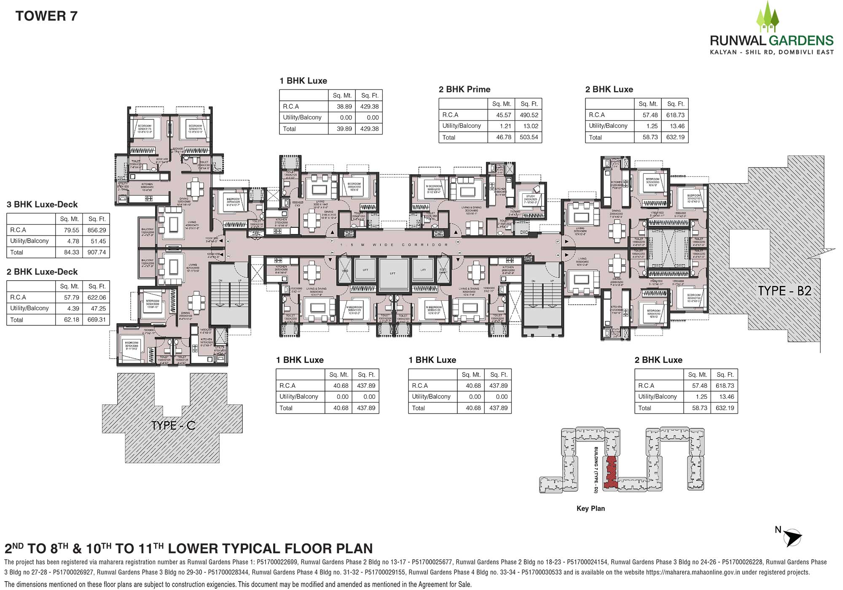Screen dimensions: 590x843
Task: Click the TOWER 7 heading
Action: [46, 16]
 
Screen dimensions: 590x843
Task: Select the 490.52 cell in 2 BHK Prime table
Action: [529, 115]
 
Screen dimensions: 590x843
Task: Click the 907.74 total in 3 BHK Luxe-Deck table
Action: [97, 252]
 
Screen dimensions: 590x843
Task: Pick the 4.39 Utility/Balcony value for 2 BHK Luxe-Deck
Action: [71, 309]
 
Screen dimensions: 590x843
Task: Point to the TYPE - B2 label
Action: [784, 291]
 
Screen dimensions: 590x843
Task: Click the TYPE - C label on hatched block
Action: [173, 425]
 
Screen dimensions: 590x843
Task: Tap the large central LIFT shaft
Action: [392, 273]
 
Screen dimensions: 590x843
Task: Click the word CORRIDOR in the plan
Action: [424, 245]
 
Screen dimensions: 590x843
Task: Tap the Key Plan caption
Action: [590, 509]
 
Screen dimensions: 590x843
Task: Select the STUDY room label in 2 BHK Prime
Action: [530, 196]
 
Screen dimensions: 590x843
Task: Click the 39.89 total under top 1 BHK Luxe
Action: [344, 129]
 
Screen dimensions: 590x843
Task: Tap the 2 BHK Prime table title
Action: [464, 89]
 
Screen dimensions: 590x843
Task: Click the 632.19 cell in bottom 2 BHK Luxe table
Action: [724, 408]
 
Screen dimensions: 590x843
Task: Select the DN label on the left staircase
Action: [220, 281]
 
